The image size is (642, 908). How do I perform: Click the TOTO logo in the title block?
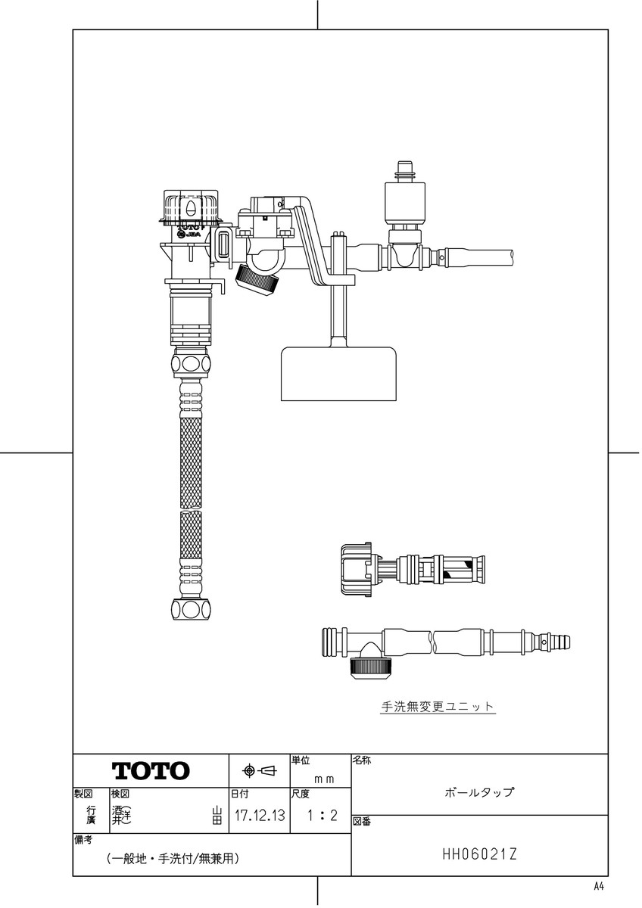click(x=151, y=771)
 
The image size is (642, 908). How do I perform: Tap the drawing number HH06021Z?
click(x=479, y=854)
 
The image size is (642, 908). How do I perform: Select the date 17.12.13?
click(x=260, y=816)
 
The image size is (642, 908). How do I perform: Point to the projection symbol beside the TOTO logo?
click(x=259, y=771)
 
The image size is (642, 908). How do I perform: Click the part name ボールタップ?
click(x=479, y=793)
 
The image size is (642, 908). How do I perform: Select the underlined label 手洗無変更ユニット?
click(x=438, y=707)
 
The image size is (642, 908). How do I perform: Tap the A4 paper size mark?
click(x=599, y=886)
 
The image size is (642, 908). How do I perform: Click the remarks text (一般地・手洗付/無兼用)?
click(x=173, y=859)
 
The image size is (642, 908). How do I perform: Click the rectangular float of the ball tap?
click(x=339, y=374)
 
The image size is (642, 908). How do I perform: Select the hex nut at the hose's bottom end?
click(x=190, y=609)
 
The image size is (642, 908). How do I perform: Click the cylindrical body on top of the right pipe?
click(x=407, y=201)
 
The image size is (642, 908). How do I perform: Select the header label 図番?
click(x=362, y=822)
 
